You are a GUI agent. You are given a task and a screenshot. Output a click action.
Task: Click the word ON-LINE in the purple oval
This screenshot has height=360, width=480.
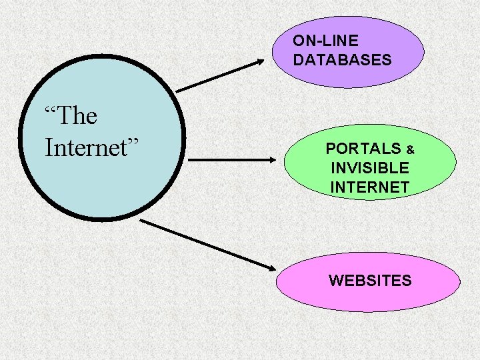point(325,41)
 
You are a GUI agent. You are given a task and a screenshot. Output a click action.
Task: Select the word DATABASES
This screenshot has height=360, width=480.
point(342,60)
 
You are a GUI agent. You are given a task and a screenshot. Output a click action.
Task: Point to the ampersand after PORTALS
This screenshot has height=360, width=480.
point(411,150)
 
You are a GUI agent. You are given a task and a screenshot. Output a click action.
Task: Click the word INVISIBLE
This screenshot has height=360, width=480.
point(370,168)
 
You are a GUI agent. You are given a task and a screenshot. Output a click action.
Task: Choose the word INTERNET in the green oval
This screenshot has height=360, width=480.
point(370,188)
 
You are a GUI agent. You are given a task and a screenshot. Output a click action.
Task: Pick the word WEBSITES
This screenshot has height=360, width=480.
point(370,281)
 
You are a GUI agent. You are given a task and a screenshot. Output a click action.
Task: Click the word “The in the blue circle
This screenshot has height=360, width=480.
point(71,117)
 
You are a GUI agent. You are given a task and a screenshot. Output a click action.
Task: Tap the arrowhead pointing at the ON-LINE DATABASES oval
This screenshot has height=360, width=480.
point(259,63)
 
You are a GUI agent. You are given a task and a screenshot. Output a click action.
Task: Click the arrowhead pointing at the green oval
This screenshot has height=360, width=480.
point(271,160)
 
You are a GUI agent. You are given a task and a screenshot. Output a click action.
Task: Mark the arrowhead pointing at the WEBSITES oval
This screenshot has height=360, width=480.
point(269,267)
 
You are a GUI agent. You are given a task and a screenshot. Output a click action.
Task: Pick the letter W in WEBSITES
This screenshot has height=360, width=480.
point(335,281)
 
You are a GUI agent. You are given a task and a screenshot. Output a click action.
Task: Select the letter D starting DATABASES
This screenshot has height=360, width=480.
point(298,60)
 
